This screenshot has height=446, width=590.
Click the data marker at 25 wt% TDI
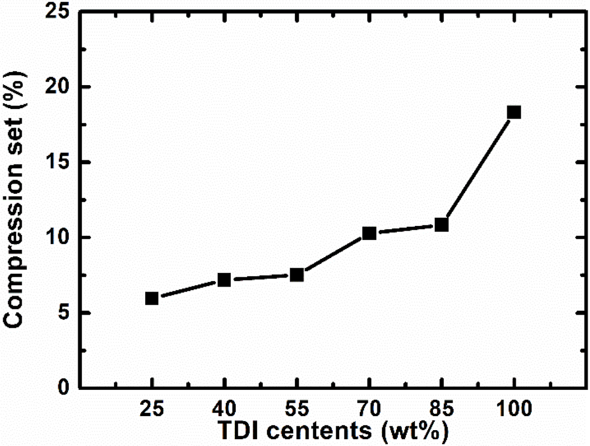(x=152, y=298)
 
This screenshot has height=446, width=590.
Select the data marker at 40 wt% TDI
(x=224, y=280)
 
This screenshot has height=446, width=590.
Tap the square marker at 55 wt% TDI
(x=297, y=274)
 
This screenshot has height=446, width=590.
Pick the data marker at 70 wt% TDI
(x=369, y=233)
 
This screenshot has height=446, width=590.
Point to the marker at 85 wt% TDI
(x=442, y=224)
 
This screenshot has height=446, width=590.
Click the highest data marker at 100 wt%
(x=514, y=112)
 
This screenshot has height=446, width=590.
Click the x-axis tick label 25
(x=152, y=409)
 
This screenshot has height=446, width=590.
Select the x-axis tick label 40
(x=224, y=409)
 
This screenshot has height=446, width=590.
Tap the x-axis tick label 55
(x=297, y=409)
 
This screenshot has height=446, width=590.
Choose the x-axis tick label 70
(x=369, y=409)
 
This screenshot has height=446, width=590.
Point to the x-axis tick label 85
(x=442, y=409)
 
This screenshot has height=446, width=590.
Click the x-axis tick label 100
(x=514, y=409)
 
